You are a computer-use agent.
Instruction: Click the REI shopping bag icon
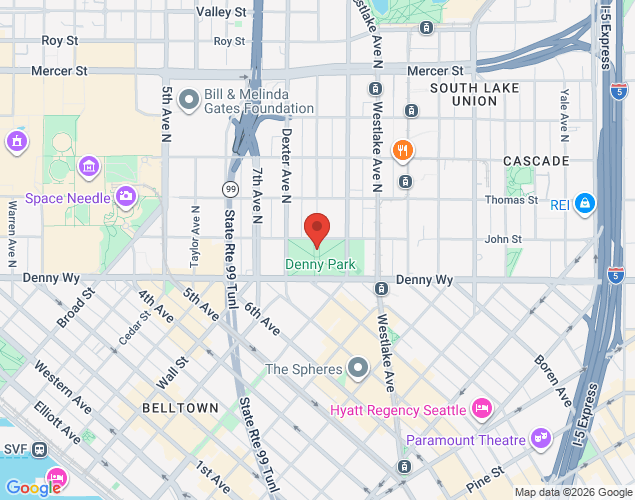586,205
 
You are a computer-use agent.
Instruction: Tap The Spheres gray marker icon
358,369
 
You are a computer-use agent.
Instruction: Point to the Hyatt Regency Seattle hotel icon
482,409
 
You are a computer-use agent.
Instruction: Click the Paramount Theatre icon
541,439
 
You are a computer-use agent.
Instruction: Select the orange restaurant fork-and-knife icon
404,151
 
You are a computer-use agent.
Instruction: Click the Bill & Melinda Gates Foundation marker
188,101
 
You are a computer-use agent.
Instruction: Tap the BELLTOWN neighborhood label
180,409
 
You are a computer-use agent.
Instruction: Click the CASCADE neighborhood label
536,161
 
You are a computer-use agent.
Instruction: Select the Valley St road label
221,12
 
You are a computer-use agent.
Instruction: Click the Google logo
33,488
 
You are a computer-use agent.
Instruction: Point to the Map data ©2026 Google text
572,492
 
